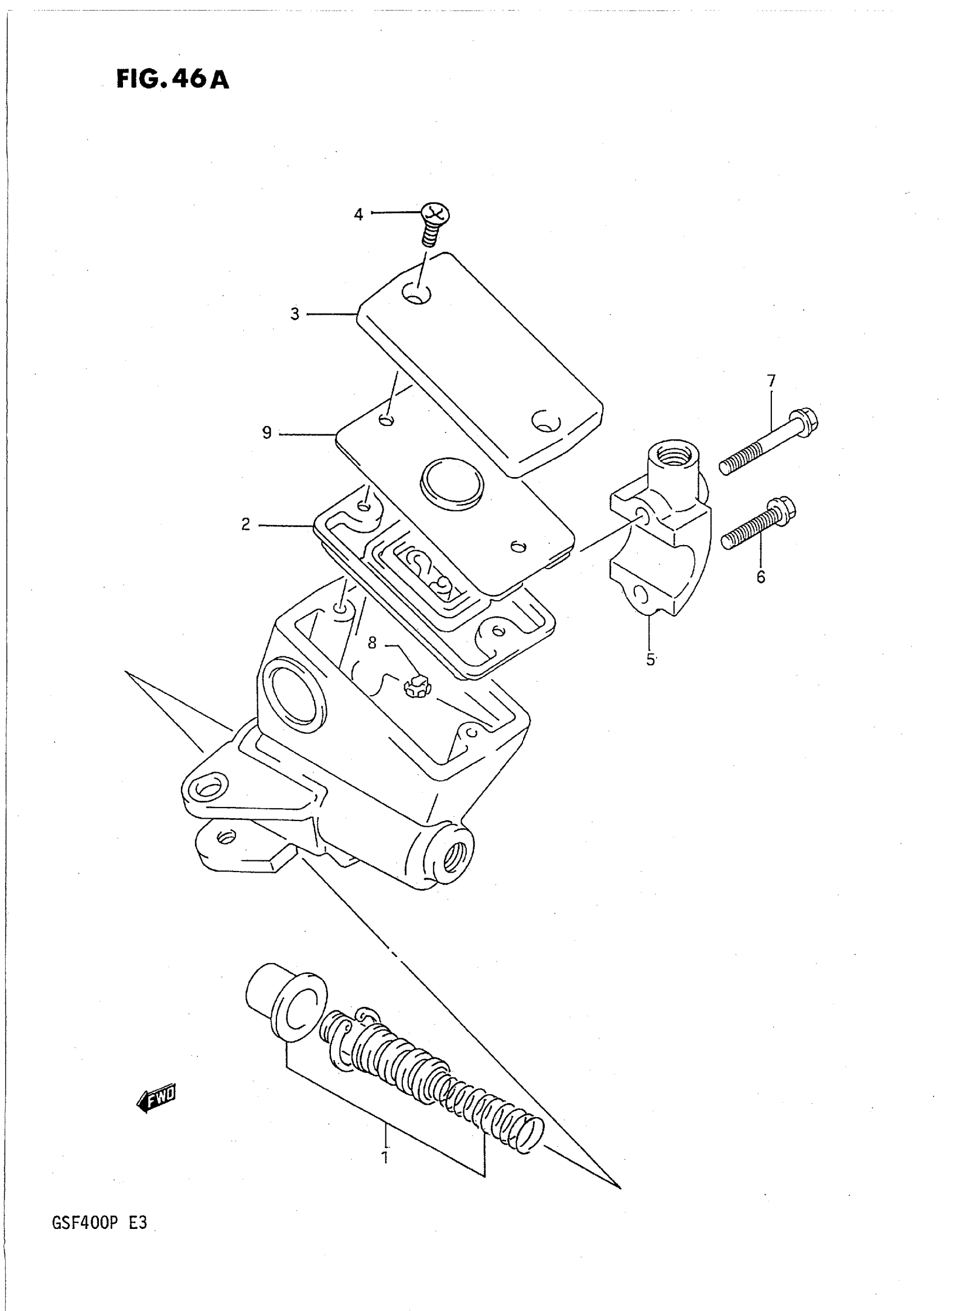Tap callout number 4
[x=358, y=215]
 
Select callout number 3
[x=295, y=315]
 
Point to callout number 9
[x=266, y=433]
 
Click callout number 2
[x=246, y=524]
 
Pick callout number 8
[x=372, y=642]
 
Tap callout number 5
[x=651, y=660]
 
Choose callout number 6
[x=761, y=577]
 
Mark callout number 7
[x=771, y=380]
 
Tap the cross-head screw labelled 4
[x=434, y=223]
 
